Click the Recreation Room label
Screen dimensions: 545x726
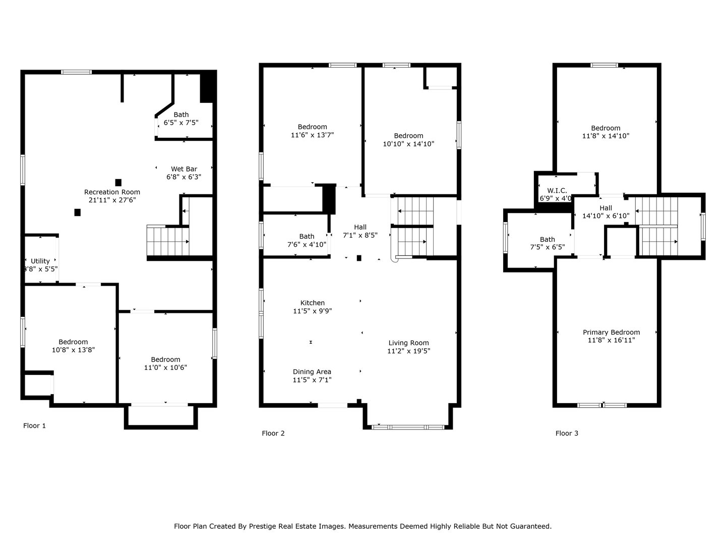tap(112, 192)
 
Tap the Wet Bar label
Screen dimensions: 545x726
tap(184, 169)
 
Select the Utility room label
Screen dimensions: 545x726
tap(40, 261)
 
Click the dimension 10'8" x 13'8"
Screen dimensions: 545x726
tap(73, 350)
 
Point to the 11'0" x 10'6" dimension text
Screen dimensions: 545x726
tap(165, 368)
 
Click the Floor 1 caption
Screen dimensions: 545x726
tap(34, 426)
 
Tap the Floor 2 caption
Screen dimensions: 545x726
tap(273, 433)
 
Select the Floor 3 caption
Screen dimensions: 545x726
tap(567, 433)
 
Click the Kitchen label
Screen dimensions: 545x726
tap(312, 303)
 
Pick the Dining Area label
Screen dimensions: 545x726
tap(312, 372)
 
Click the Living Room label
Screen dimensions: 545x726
tap(408, 343)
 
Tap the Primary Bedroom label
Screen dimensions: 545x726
tap(611, 332)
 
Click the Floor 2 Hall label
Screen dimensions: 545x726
tap(360, 227)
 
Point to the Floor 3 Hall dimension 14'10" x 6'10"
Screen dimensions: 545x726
tap(606, 216)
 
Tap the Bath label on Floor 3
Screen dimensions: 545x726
tap(547, 239)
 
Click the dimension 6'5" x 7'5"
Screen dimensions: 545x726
tap(181, 123)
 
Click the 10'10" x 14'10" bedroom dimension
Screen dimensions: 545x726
tap(408, 144)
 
